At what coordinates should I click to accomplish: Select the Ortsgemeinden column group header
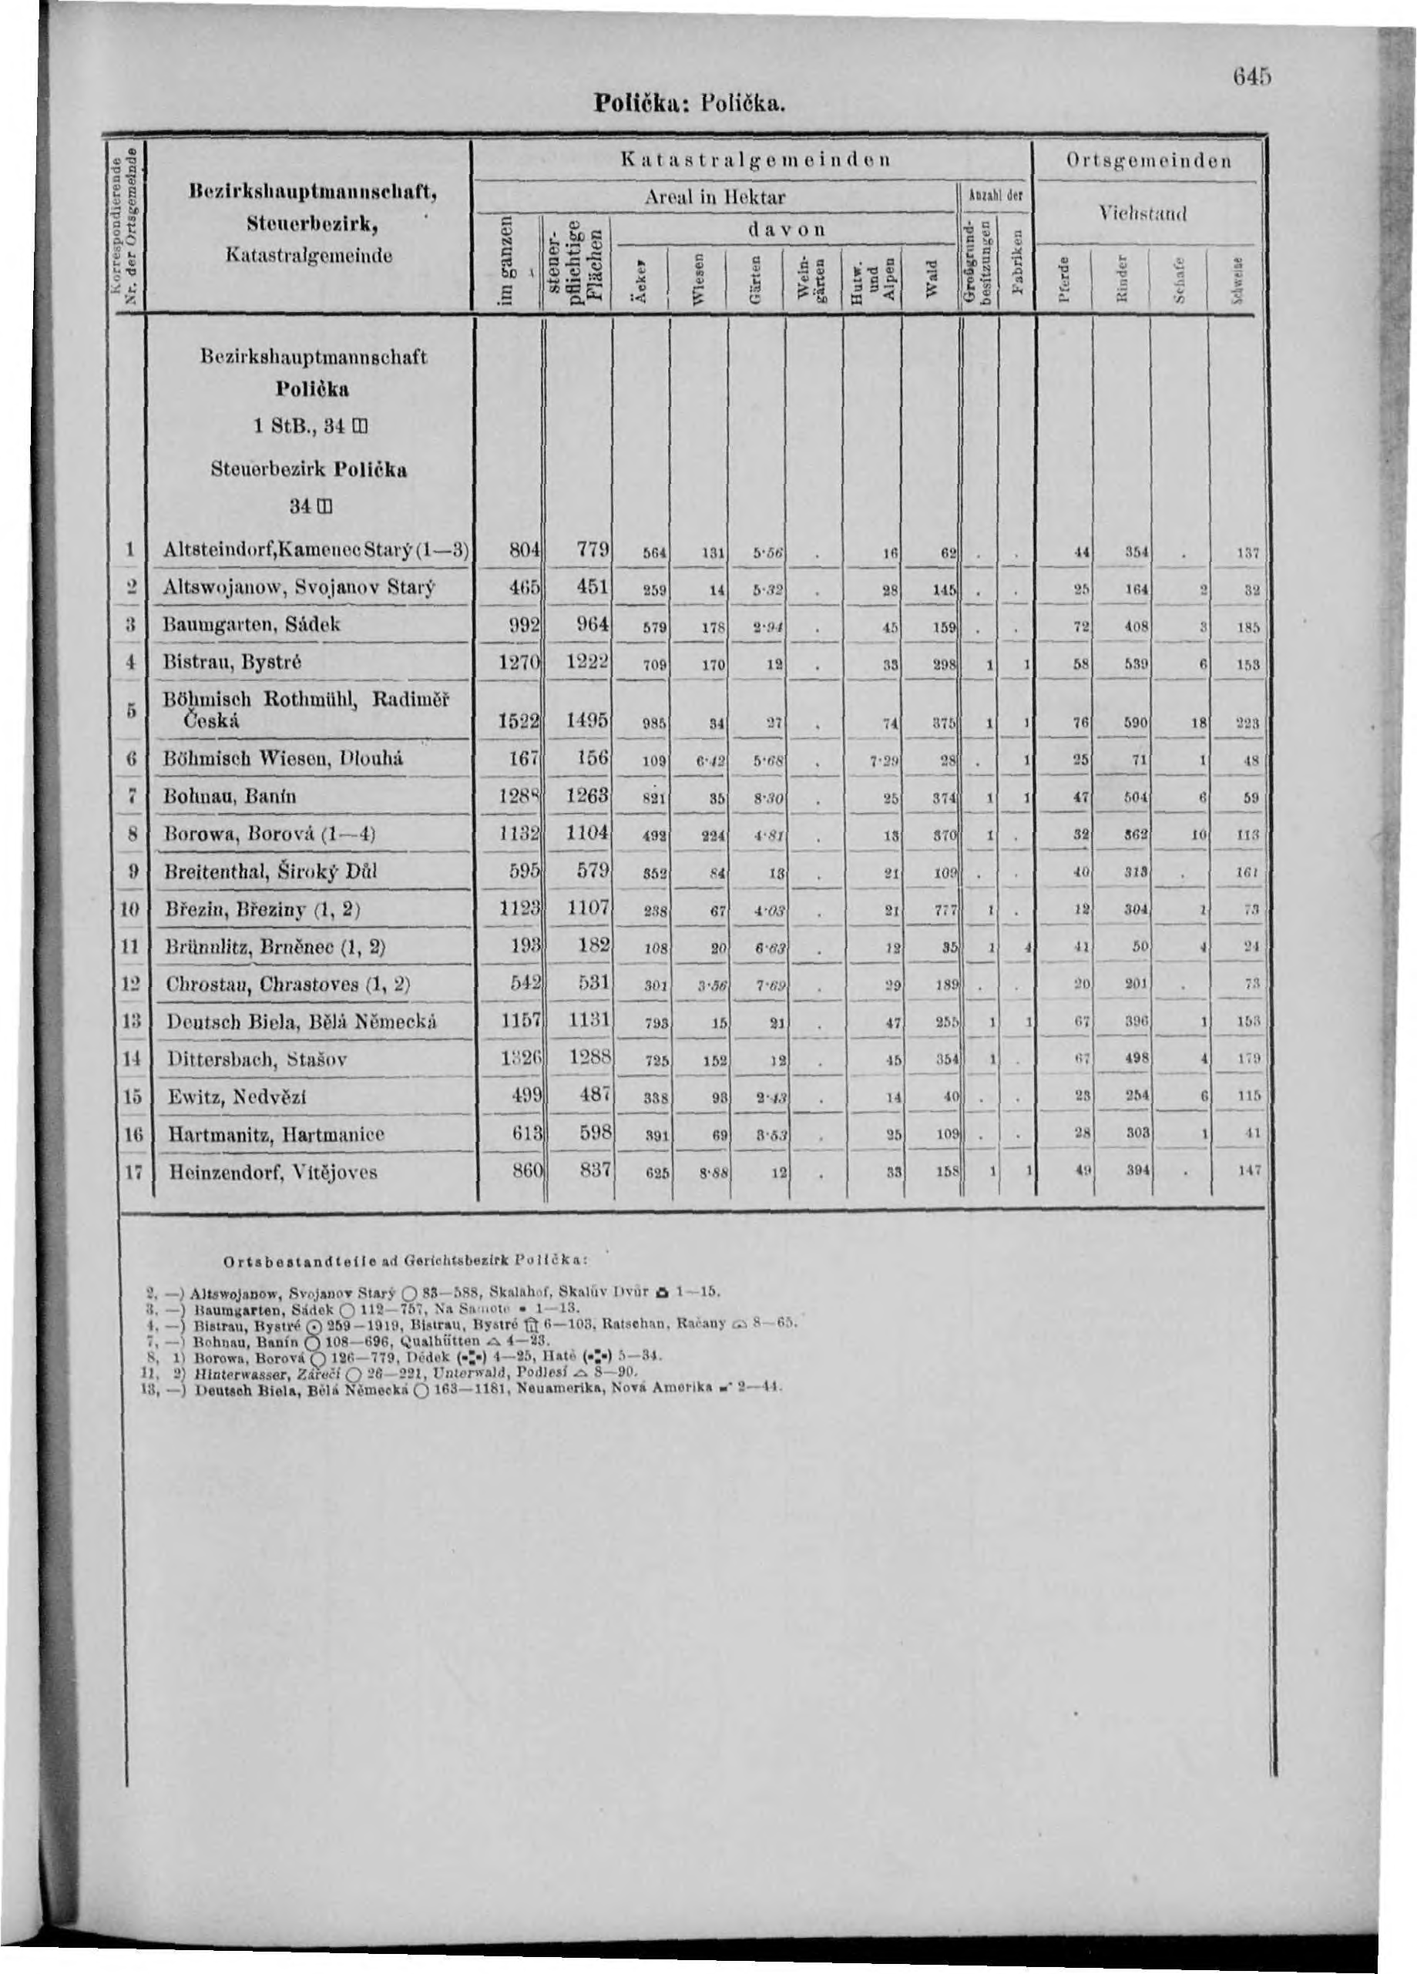[x=1148, y=161]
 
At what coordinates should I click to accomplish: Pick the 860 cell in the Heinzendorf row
[x=525, y=1171]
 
